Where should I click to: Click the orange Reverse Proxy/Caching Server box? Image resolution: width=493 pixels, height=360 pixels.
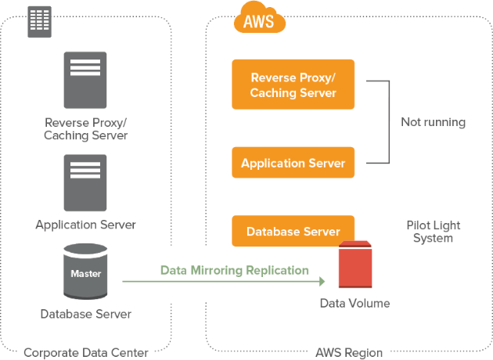coord(293,85)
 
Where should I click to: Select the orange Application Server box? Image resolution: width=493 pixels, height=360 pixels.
coord(293,164)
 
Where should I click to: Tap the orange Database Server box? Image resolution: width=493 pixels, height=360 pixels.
coord(293,232)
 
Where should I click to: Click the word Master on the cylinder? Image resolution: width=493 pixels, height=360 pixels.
coord(85,274)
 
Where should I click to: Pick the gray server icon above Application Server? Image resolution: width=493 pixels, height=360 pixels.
coord(85,182)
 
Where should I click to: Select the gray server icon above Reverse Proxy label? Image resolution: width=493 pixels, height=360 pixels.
coord(85,80)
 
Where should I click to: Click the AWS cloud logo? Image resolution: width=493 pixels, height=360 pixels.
coord(259,20)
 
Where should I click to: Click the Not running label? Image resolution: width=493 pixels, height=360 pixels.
coord(433,122)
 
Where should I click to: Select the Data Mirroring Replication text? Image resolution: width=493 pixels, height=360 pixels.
coord(234,270)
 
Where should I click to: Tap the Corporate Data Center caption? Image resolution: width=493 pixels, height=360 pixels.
coord(85,352)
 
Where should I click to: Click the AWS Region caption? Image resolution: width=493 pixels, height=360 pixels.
coord(349,352)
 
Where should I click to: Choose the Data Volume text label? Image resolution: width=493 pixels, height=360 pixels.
coord(354,303)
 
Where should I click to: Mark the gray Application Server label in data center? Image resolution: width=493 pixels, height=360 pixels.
coord(85,225)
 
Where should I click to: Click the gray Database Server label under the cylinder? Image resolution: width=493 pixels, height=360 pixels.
coord(85,314)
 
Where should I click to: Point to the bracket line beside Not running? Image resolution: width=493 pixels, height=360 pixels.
coord(389,122)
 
